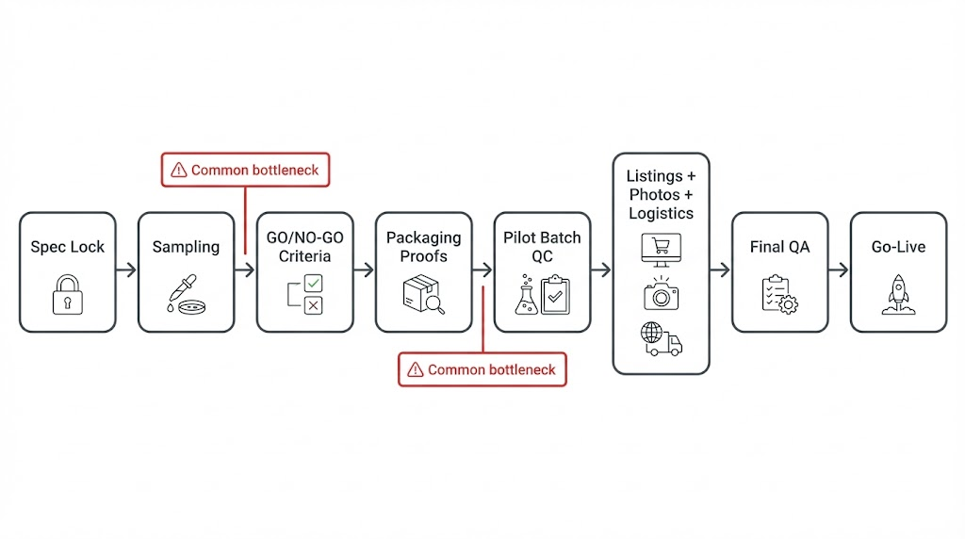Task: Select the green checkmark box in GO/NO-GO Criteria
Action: click(313, 282)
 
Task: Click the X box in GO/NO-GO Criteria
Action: click(313, 304)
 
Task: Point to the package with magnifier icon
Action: click(423, 293)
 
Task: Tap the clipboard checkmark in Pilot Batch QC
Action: click(555, 294)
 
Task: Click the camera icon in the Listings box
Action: click(661, 295)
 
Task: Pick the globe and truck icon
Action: click(661, 338)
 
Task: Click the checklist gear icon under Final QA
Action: click(778, 294)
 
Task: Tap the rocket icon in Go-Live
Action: click(898, 293)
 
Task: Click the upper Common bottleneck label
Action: click(245, 171)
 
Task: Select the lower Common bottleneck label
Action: click(482, 369)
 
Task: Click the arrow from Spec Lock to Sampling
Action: click(126, 271)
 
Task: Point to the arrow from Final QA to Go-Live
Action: click(839, 271)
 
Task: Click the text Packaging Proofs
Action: click(423, 247)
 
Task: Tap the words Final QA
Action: click(779, 247)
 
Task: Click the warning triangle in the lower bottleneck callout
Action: click(415, 370)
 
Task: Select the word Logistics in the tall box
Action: click(661, 213)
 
